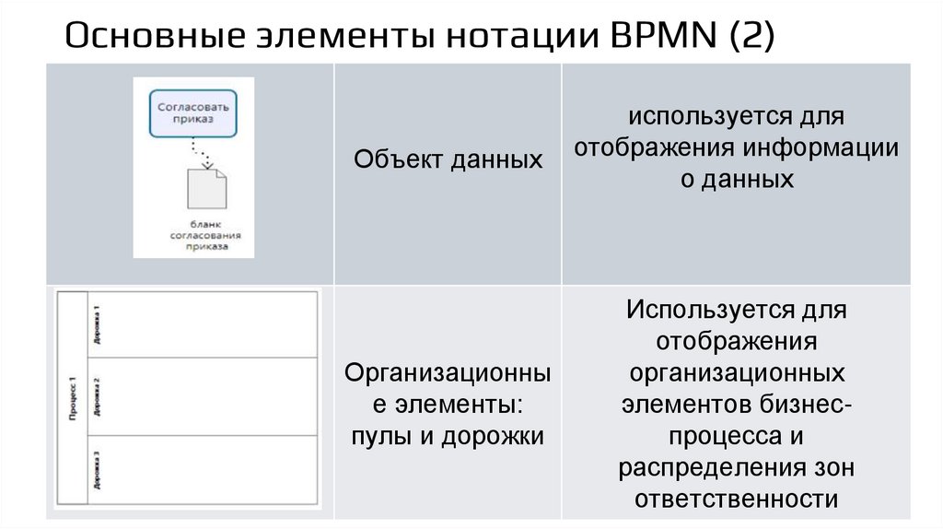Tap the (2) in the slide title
coord(751,38)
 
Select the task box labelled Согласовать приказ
coord(193,112)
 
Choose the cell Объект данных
coord(448,159)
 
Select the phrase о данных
coord(737,180)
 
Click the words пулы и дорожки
coord(448,436)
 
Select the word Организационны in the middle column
coord(448,373)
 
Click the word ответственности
coord(737,499)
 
